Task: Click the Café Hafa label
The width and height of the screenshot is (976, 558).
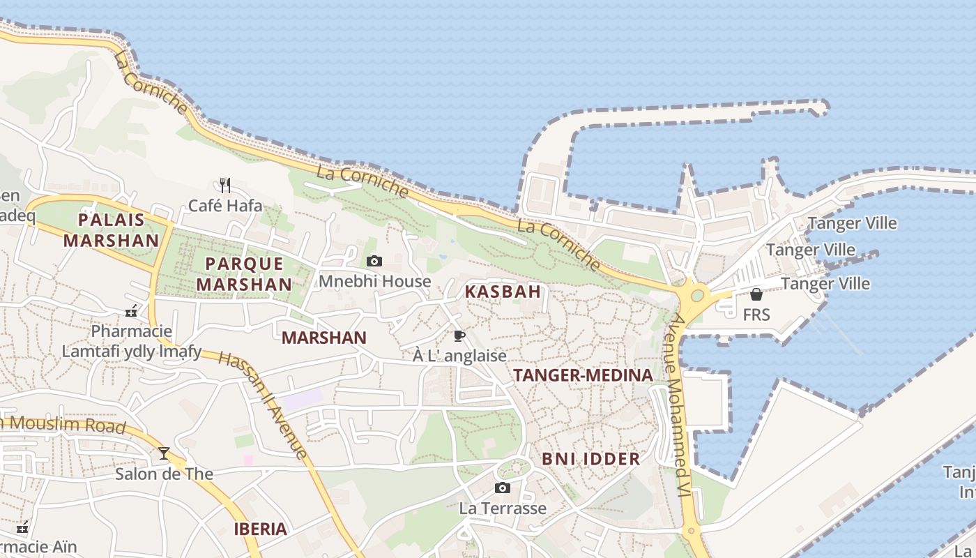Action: click(x=226, y=206)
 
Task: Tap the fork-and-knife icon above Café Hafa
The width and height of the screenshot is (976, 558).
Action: click(x=224, y=185)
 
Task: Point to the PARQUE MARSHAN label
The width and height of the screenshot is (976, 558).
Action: click(x=244, y=274)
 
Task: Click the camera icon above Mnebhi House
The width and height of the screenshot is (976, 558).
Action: click(x=374, y=261)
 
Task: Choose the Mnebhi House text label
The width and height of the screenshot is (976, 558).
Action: click(x=375, y=281)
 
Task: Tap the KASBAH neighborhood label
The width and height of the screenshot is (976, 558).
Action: click(x=503, y=292)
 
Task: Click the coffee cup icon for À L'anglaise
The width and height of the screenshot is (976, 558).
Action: click(x=459, y=336)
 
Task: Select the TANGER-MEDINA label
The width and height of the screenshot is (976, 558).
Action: click(x=583, y=375)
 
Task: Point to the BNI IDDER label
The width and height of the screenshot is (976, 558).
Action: click(x=590, y=459)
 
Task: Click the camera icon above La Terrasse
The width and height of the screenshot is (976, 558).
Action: click(x=502, y=488)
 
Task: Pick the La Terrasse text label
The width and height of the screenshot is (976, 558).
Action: click(x=502, y=508)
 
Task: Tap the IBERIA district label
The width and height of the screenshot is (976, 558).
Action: click(x=260, y=529)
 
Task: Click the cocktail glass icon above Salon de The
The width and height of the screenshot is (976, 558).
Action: click(x=164, y=453)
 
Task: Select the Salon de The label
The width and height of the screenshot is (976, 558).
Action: click(x=164, y=474)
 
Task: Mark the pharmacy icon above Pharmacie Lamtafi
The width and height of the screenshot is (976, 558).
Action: click(x=131, y=310)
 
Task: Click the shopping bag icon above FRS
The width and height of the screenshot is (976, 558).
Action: click(x=756, y=294)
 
